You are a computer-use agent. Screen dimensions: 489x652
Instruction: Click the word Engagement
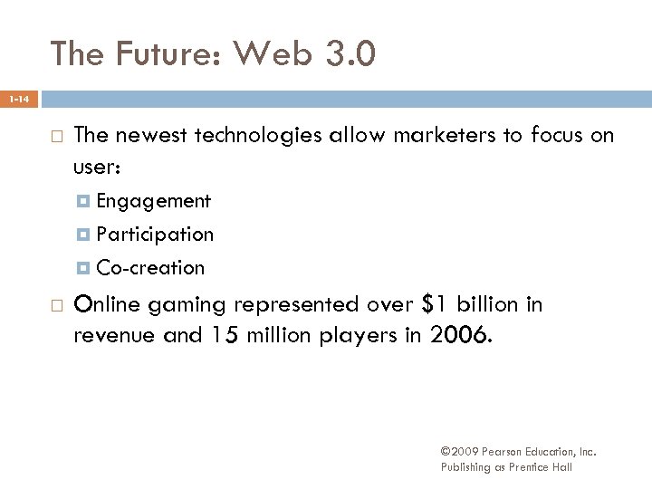(153, 200)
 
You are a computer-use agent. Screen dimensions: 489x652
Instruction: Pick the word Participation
(155, 235)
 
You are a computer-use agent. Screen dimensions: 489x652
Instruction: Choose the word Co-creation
(150, 268)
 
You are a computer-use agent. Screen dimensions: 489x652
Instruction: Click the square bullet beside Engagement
(84, 201)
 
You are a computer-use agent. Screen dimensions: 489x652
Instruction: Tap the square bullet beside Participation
(84, 235)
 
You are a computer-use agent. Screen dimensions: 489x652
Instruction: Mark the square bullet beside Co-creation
(84, 269)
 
